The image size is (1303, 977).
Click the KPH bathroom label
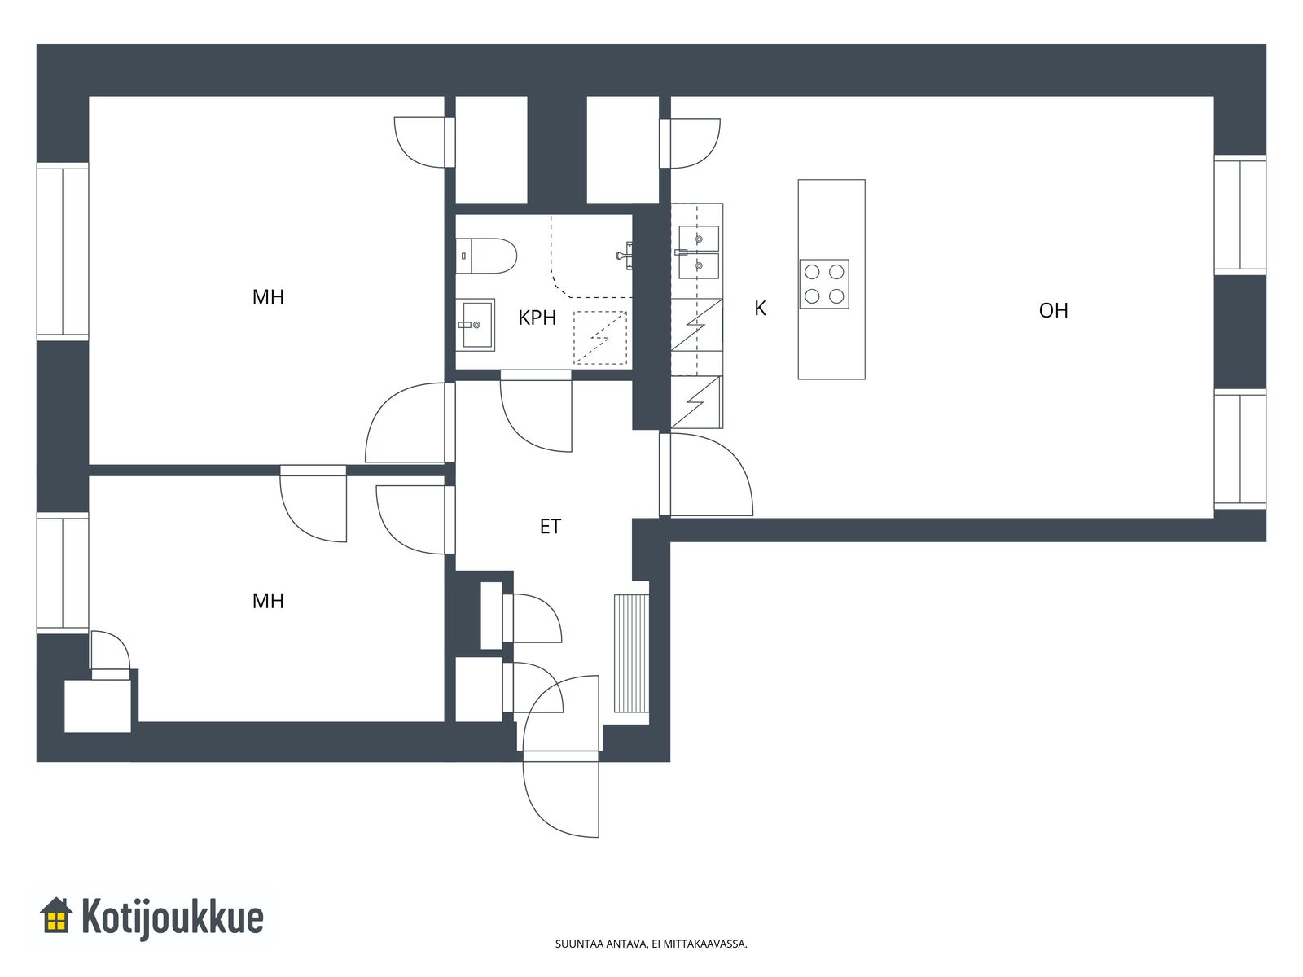(x=537, y=318)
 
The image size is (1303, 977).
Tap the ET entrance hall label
(x=551, y=526)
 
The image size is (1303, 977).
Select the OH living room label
(x=1053, y=310)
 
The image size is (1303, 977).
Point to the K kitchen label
(x=760, y=309)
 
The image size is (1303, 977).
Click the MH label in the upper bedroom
(x=268, y=297)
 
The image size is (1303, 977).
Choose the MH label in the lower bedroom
(x=268, y=601)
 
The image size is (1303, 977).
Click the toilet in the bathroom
(x=486, y=256)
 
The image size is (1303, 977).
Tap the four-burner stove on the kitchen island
(x=824, y=284)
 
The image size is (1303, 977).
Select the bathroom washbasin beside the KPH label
(x=476, y=325)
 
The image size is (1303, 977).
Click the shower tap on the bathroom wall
(x=625, y=256)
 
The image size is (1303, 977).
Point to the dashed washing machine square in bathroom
(x=600, y=338)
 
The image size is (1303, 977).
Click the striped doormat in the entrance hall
(x=631, y=653)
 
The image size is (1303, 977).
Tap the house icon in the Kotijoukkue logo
(x=56, y=915)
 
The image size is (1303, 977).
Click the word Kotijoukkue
(x=172, y=917)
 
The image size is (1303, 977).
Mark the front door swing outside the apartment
(x=561, y=799)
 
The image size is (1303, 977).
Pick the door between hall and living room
(x=706, y=475)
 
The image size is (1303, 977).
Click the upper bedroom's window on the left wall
(x=63, y=252)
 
